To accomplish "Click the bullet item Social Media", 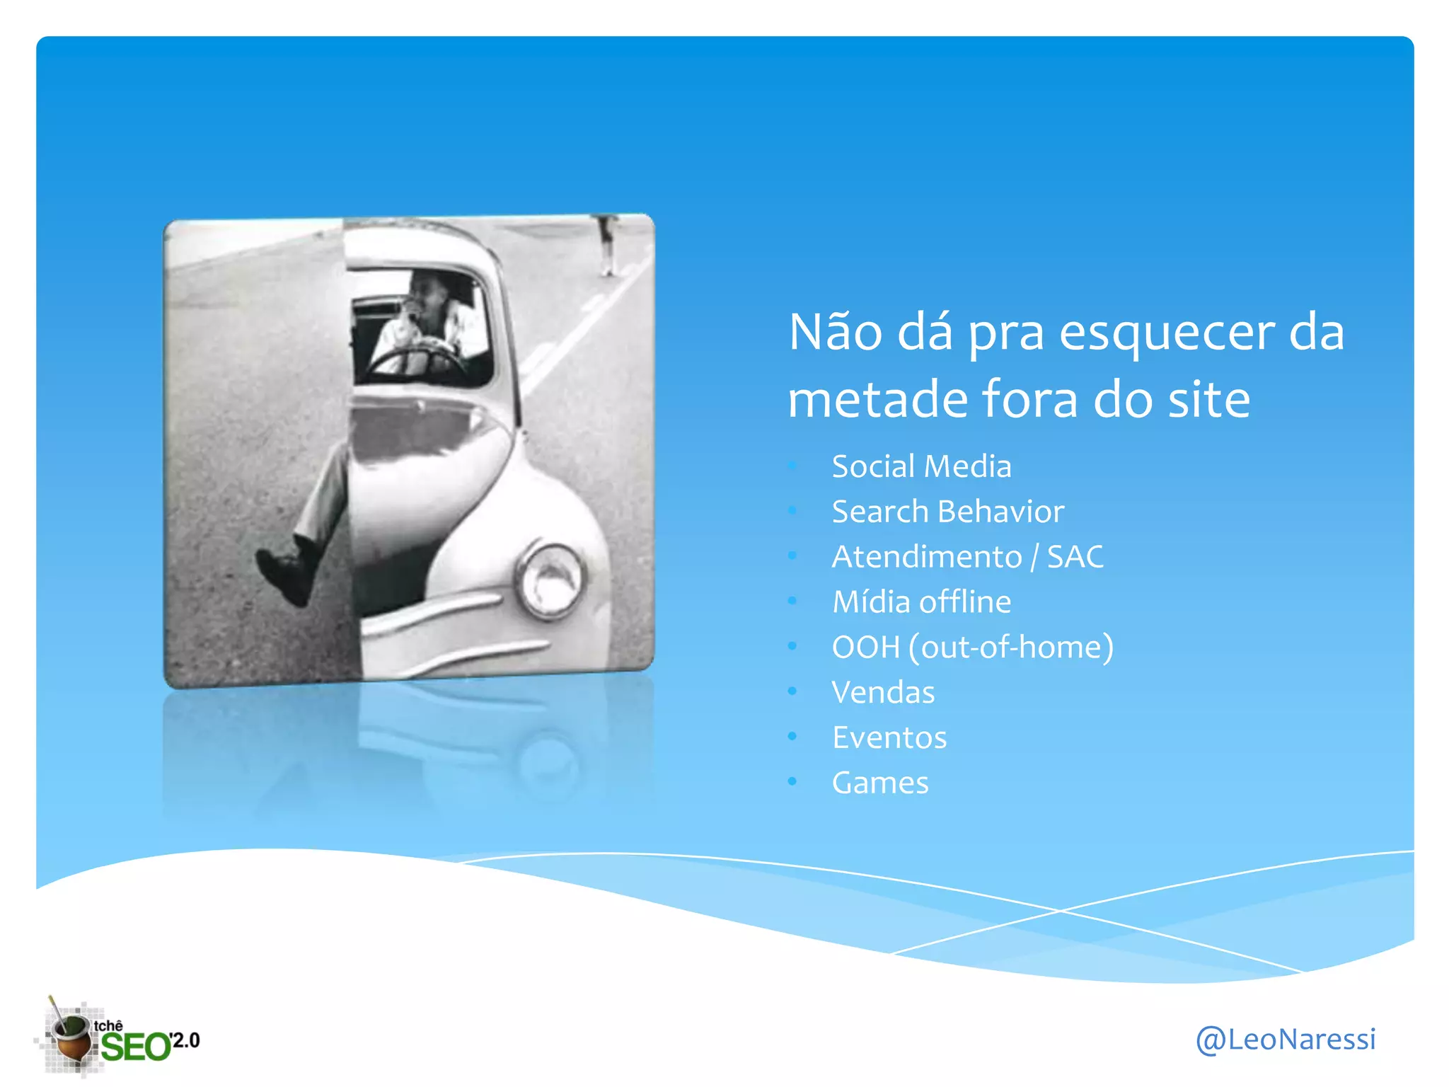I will click(920, 466).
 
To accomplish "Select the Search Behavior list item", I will click(947, 512).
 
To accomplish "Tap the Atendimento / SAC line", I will click(966, 557).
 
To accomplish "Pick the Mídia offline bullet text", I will click(920, 602).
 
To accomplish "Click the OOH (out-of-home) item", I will click(972, 648).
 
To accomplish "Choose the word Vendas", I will click(882, 693).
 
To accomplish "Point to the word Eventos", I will click(889, 738).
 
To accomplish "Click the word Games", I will click(879, 783).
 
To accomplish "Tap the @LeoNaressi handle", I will click(1285, 1040).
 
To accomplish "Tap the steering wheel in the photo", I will click(417, 357).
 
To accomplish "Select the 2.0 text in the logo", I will click(186, 1040).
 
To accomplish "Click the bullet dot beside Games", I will click(792, 781).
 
